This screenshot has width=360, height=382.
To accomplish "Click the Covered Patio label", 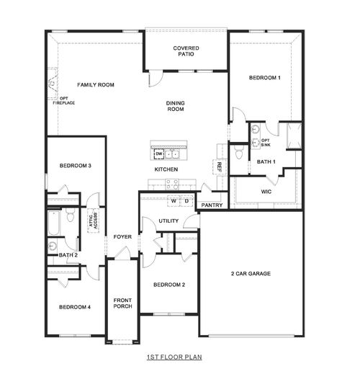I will click(186, 52).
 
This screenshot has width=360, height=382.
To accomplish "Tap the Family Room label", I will click(96, 85).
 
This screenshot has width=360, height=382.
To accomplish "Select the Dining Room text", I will click(176, 107).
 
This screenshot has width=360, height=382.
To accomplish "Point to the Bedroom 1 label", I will click(264, 77).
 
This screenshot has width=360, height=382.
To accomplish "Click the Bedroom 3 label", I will click(75, 166).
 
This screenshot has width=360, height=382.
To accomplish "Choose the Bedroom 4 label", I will click(75, 307).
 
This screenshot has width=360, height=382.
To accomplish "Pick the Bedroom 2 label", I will click(169, 285).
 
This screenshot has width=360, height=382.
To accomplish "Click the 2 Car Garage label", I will click(251, 274).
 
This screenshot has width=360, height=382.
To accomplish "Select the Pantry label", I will click(212, 205).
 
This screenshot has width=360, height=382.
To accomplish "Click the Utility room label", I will click(168, 221).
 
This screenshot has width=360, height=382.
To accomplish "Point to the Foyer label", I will click(122, 236).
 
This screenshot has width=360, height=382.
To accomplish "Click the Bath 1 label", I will click(266, 162).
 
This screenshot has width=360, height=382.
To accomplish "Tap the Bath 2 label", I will click(68, 254).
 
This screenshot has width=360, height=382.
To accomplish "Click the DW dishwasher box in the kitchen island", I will click(159, 154).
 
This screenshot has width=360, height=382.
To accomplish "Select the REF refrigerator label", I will click(219, 166).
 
